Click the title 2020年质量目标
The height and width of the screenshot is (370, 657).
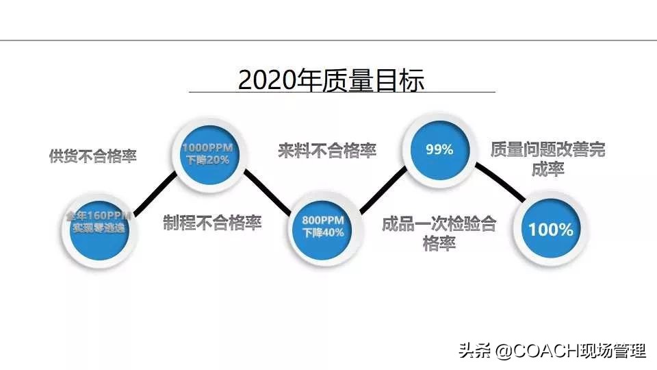331,79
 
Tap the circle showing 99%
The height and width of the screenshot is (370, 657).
439,149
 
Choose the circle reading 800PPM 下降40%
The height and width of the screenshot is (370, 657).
323,227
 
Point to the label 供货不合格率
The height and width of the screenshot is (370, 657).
92,156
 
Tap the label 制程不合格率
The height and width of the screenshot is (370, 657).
212,223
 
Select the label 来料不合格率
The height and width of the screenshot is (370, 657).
327,151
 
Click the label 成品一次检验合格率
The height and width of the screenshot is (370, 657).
439,233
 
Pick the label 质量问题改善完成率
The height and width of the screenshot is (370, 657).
547,159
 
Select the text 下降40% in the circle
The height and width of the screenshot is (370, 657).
323,232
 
